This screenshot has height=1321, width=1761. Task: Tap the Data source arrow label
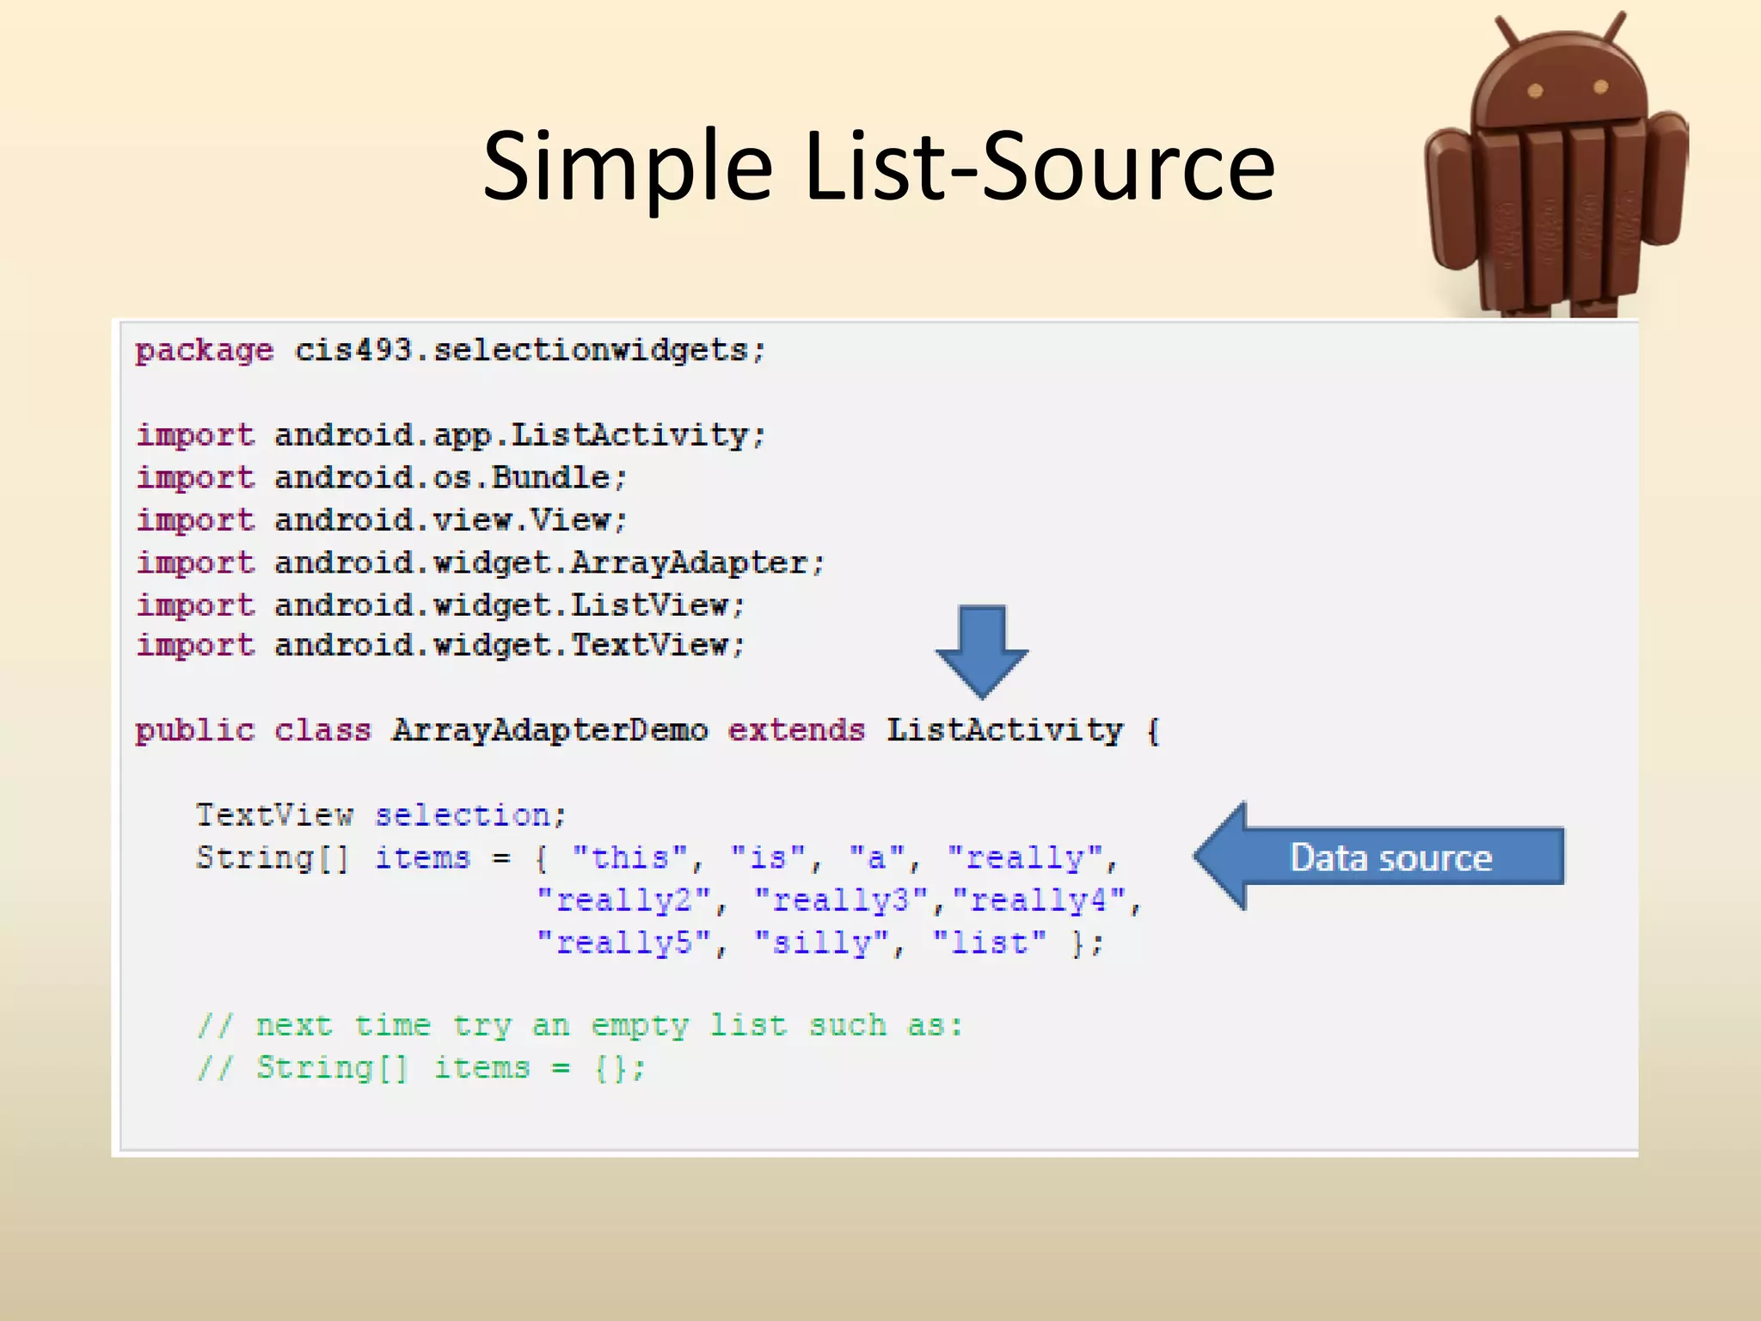[1390, 857]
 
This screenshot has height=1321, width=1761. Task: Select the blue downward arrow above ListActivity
[981, 649]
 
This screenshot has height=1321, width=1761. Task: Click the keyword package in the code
[204, 352]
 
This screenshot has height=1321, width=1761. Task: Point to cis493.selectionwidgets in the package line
[529, 351]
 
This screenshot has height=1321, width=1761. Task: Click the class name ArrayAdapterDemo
[549, 731]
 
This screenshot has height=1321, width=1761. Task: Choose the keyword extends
[795, 731]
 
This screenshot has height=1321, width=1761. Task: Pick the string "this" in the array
[630, 857]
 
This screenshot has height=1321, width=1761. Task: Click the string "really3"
[841, 900]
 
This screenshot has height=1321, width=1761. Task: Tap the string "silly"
[822, 943]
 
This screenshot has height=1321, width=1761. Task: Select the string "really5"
[624, 943]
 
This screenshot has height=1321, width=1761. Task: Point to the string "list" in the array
[990, 943]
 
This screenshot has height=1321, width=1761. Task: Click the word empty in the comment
[640, 1026]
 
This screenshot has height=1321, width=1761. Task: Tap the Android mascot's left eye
[1535, 90]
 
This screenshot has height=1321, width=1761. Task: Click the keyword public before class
[195, 731]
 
